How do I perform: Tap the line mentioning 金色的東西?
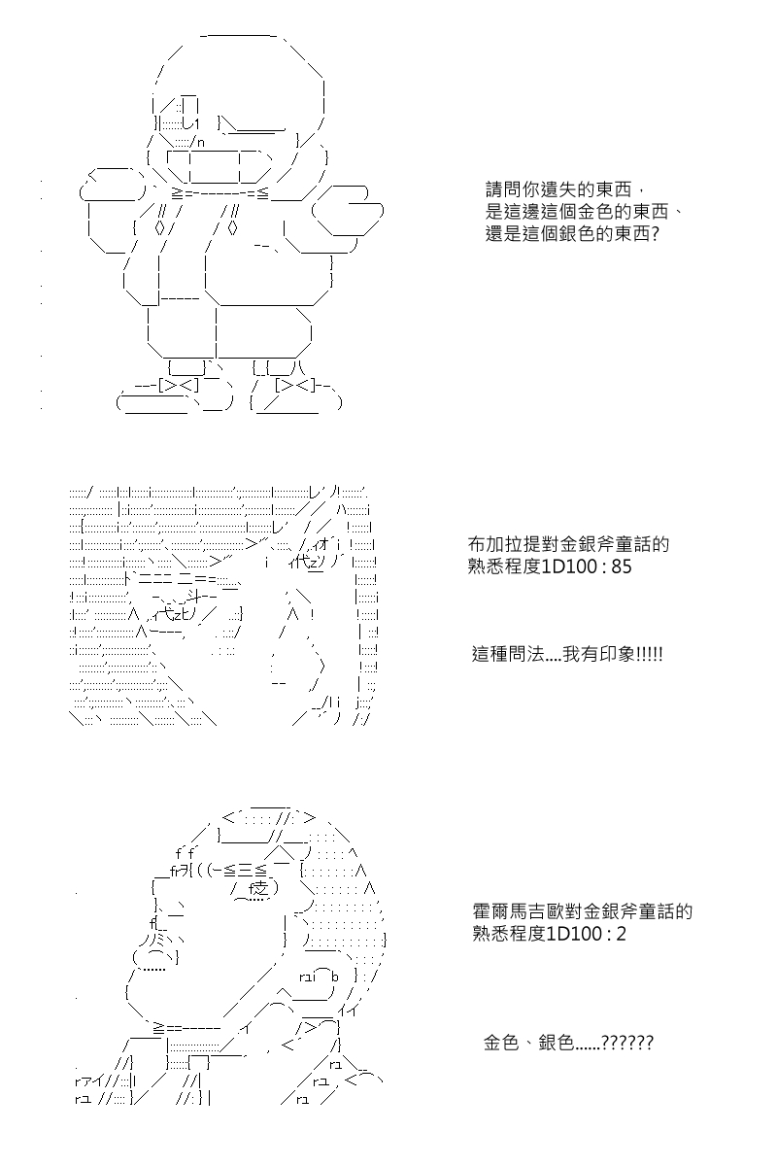[584, 212]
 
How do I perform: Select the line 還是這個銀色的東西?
[572, 234]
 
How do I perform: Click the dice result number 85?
[622, 566]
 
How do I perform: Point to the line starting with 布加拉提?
[568, 544]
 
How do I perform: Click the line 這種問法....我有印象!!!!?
[567, 654]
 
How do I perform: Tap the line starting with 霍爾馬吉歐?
[583, 912]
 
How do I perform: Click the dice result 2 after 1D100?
[621, 935]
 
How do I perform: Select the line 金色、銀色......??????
[568, 1044]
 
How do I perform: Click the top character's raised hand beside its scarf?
[348, 211]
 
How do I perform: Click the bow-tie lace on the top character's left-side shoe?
[179, 386]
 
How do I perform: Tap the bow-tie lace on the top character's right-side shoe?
[295, 386]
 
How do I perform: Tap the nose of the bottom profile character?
[156, 954]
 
